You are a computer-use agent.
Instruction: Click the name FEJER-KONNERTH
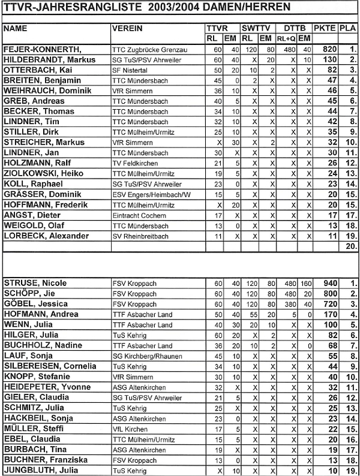click(x=43, y=50)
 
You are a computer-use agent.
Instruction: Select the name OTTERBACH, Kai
click(x=37, y=70)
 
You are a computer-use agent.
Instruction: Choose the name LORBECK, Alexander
click(x=47, y=236)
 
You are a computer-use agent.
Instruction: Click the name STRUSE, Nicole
click(x=35, y=283)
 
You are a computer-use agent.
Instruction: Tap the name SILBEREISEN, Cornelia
click(x=50, y=366)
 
